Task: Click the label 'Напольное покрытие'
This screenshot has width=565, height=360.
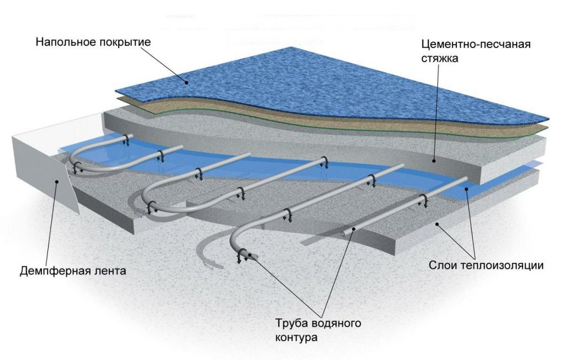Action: [93, 42]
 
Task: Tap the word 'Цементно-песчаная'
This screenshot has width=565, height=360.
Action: [475, 44]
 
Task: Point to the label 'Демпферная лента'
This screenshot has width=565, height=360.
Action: [72, 271]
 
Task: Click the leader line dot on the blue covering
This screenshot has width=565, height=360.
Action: [186, 82]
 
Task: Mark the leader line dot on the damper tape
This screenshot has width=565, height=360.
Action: [55, 180]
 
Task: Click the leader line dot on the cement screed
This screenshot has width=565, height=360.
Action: [435, 162]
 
